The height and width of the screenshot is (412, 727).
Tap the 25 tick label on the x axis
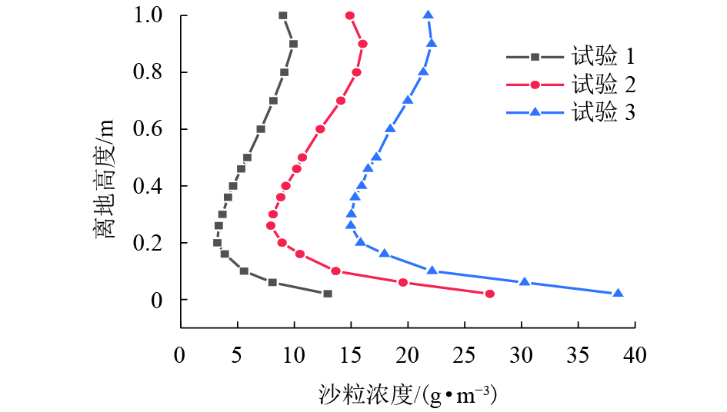(464, 355)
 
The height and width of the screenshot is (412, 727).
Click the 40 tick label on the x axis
(635, 355)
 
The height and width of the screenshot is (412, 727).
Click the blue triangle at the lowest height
(618, 294)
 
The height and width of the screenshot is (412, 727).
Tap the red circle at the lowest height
(490, 294)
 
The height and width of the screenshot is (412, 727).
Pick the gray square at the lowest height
(328, 294)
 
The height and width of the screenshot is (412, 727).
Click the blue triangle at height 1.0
(428, 15)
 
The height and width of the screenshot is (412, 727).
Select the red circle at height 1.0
(350, 15)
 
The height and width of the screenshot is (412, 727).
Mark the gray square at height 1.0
(283, 15)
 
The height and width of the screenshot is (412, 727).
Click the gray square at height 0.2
(217, 243)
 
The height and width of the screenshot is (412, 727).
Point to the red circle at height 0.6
(320, 129)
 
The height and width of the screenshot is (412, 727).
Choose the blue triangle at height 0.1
(432, 271)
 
